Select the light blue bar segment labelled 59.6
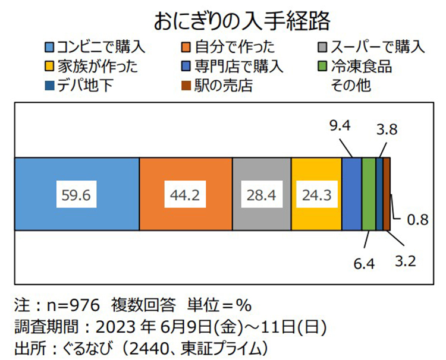pos(77,194)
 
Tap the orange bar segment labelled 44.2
pos(186,194)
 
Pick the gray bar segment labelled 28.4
pos(262,194)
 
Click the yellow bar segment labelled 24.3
pos(317,194)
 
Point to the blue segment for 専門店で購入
pos(351,194)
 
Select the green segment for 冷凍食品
pos(369,194)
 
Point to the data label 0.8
pos(417,220)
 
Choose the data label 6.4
pos(363,263)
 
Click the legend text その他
pos(350,85)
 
